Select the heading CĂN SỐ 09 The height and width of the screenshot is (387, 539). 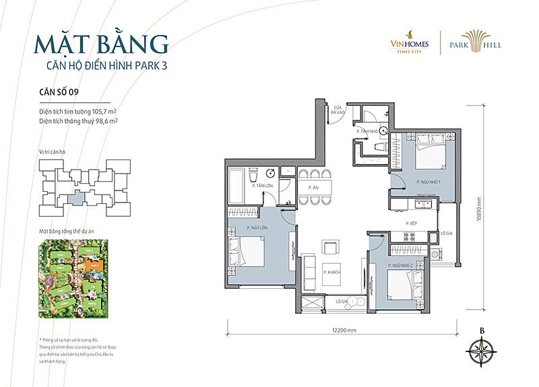(x=61, y=93)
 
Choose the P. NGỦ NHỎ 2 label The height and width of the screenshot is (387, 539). (x=400, y=267)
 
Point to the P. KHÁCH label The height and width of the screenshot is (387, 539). (x=329, y=272)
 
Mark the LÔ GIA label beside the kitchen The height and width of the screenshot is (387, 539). (x=445, y=234)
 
